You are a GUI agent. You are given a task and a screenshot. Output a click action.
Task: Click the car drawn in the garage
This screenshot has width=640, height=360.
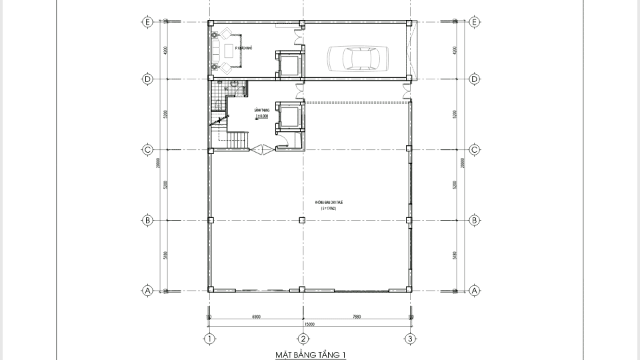tap(356, 58)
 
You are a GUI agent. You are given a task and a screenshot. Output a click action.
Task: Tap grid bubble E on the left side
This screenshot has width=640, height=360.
tap(147, 22)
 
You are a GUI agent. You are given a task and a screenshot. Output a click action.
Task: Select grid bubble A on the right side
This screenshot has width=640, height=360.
tap(475, 291)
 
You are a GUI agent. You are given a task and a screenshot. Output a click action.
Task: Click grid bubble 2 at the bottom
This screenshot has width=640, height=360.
tap(302, 339)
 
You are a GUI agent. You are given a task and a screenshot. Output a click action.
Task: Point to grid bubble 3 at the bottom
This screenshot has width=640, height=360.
tap(411, 339)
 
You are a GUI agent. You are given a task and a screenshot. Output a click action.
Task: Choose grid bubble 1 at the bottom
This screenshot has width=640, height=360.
tap(210, 339)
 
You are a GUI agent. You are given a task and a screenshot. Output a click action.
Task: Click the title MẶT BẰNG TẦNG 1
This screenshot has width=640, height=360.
tap(311, 355)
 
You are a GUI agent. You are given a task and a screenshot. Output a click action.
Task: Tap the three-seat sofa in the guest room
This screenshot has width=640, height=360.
tap(215, 51)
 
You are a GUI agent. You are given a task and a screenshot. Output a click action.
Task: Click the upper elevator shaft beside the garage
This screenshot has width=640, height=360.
tap(289, 65)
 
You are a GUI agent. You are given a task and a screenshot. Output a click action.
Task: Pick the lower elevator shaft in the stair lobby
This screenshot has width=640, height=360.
tap(289, 118)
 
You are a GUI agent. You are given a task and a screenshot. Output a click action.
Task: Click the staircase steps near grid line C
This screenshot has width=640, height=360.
tap(237, 141)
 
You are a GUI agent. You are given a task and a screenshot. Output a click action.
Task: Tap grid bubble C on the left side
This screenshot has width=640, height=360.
tap(147, 149)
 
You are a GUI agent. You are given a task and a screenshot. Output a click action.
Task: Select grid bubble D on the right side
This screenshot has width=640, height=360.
tap(475, 79)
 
